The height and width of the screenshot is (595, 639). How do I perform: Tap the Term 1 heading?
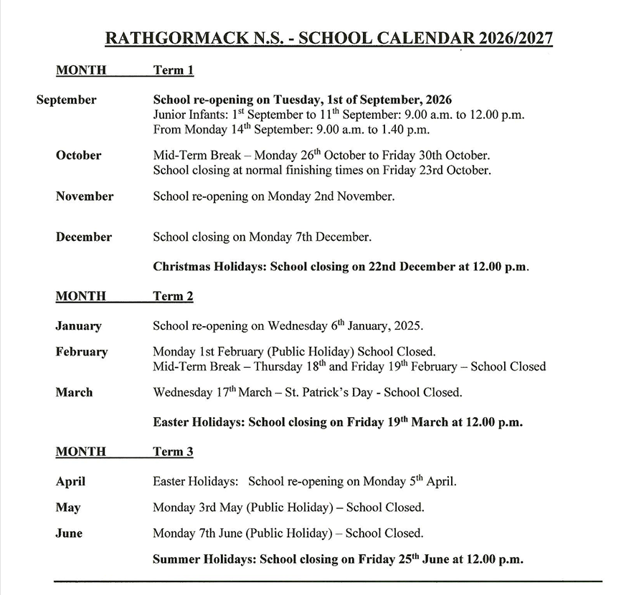click(173, 70)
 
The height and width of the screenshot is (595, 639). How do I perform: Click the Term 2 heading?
click(173, 296)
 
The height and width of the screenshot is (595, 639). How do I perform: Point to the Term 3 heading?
click(173, 452)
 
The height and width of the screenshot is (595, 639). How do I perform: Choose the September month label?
click(66, 100)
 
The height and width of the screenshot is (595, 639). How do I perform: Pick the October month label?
click(78, 156)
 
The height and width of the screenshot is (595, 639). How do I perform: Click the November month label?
click(84, 196)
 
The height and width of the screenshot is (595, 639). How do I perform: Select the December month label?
click(83, 237)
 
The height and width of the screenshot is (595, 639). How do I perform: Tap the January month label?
click(78, 326)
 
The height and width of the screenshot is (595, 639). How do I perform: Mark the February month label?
click(81, 352)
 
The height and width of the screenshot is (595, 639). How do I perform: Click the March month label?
click(74, 393)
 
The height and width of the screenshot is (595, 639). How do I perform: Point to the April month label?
click(70, 482)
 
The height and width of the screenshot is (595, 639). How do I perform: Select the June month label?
click(69, 533)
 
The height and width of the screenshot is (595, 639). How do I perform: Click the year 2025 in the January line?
click(408, 326)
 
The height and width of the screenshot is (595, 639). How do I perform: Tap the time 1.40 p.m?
click(399, 130)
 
